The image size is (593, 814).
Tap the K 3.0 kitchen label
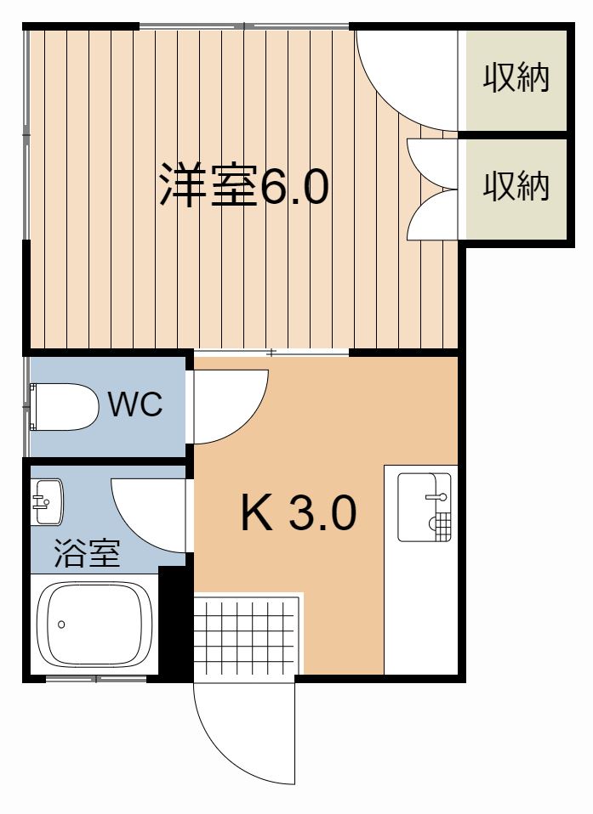coord(297,513)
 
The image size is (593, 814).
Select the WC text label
coord(135,404)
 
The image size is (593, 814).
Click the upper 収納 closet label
coord(516,78)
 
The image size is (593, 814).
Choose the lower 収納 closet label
coord(516,186)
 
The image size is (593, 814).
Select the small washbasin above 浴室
coord(48,502)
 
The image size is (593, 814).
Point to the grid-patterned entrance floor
coord(248,635)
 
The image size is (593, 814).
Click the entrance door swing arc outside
coord(230,731)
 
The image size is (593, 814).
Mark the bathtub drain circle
coord(61,625)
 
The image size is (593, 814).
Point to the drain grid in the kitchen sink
coord(441,526)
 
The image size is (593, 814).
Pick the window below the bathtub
coord(96,679)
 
